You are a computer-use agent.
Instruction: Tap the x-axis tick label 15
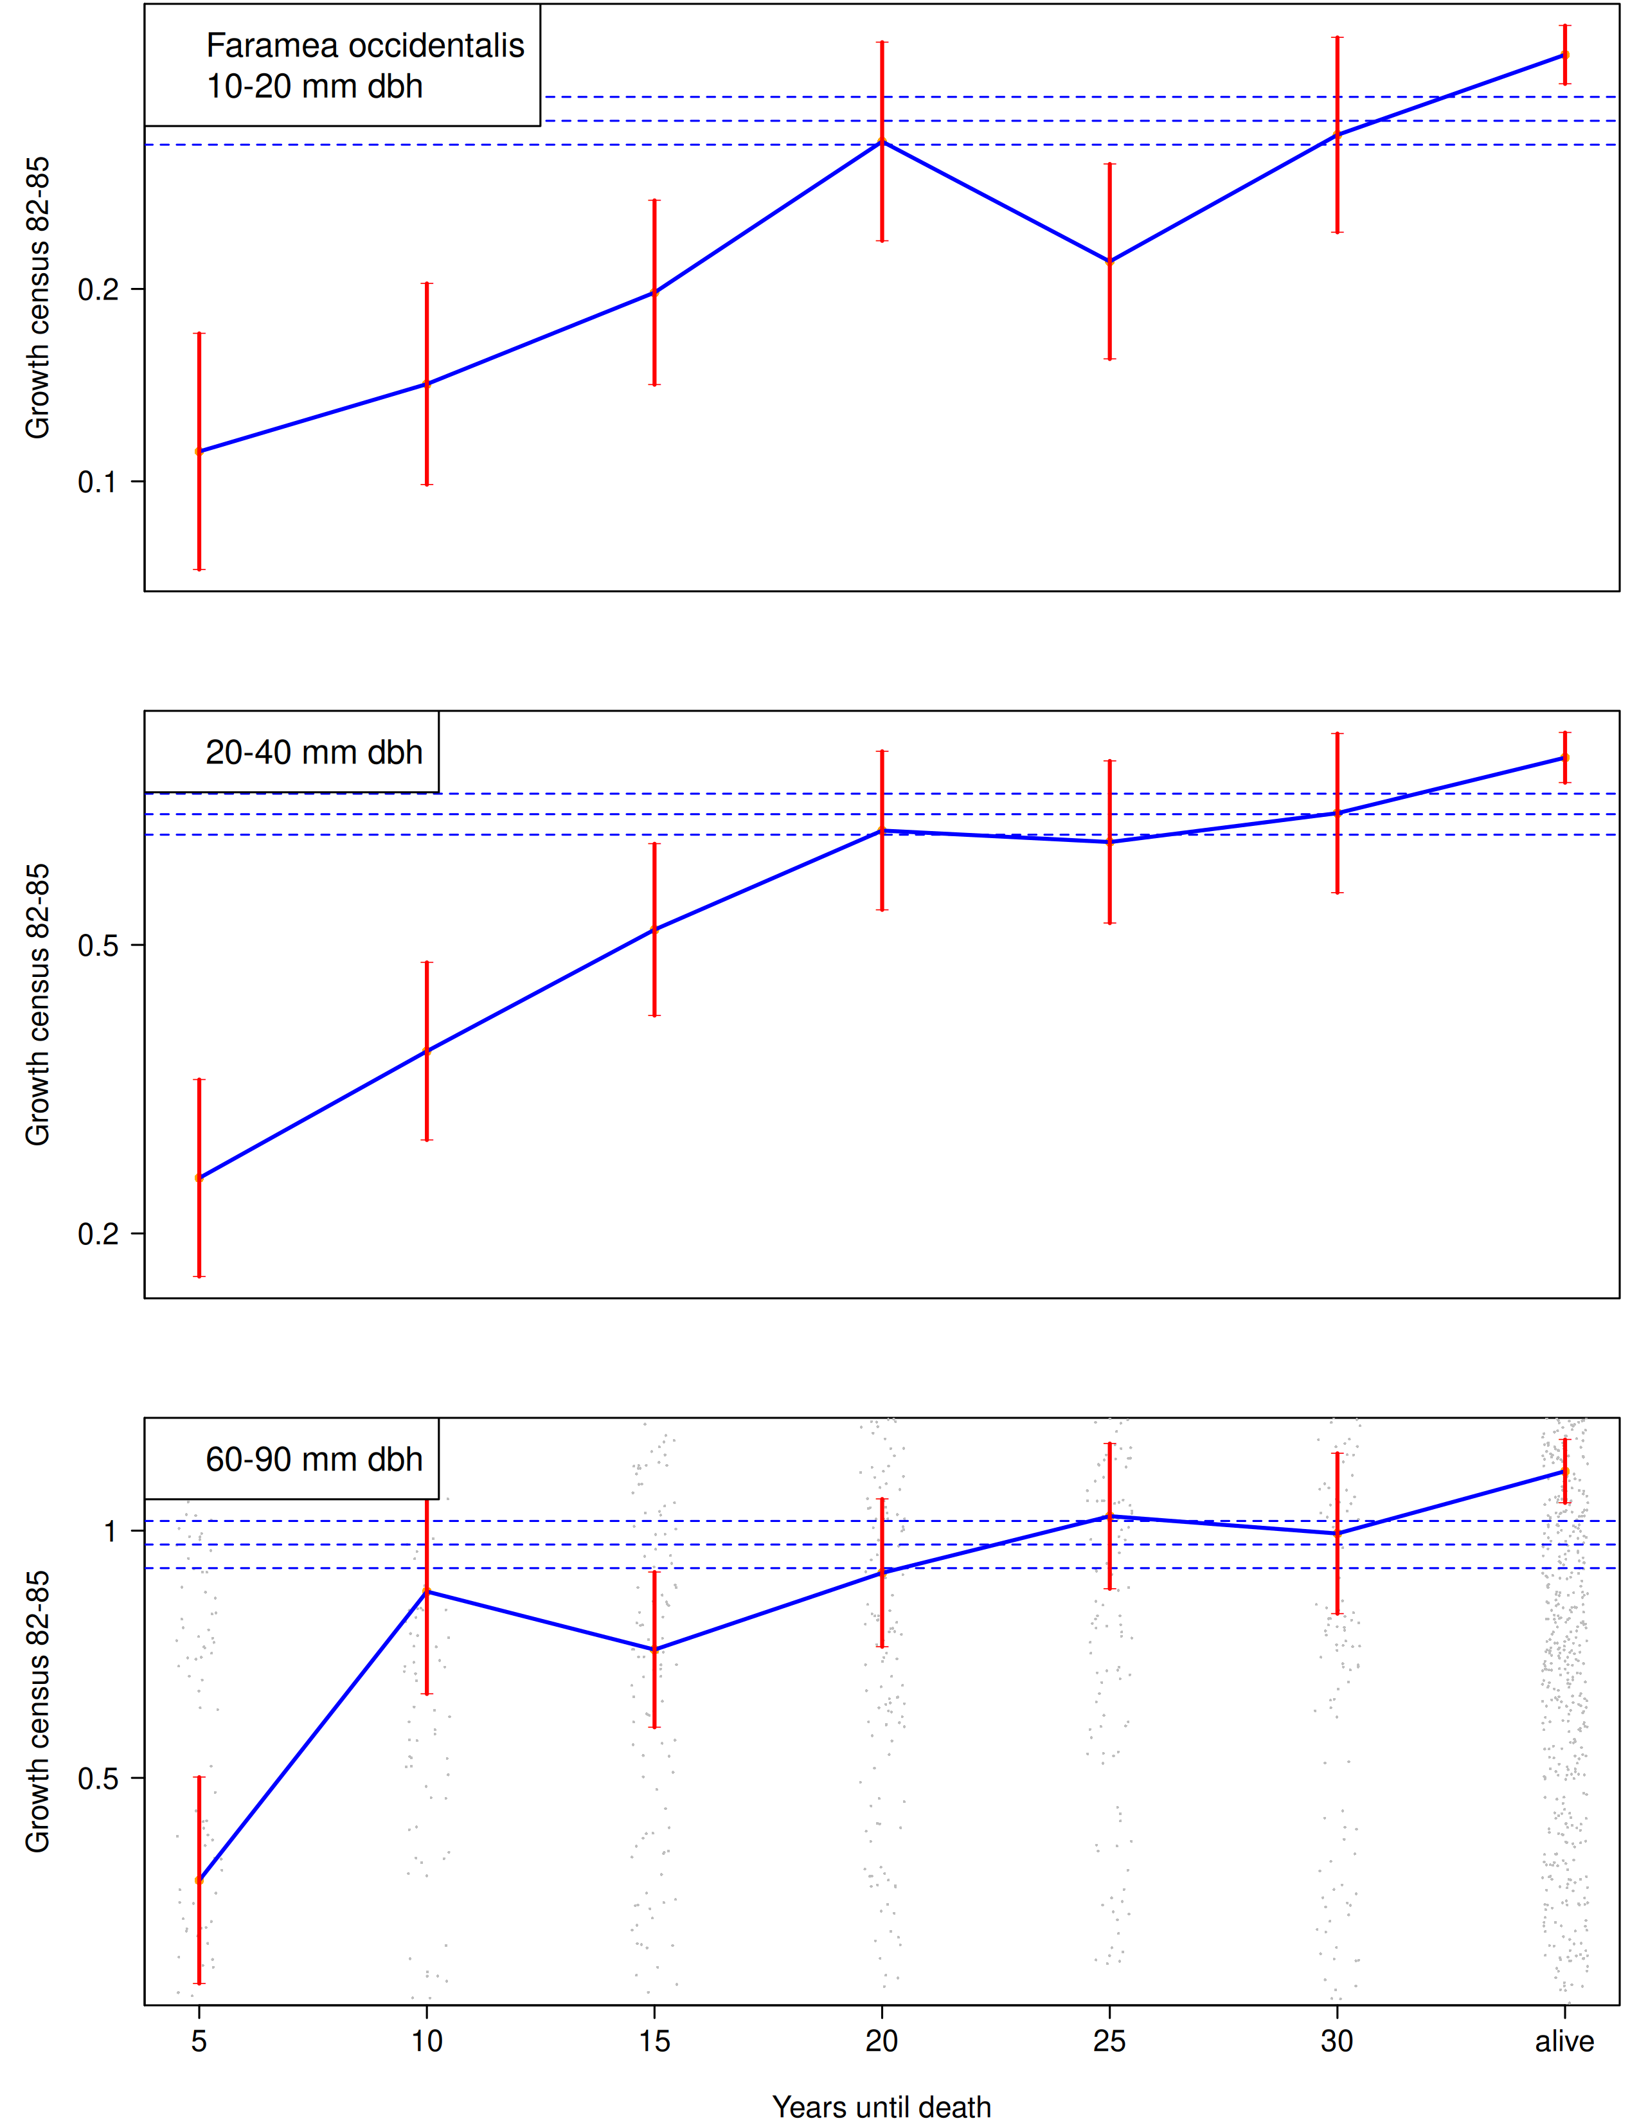(654, 2041)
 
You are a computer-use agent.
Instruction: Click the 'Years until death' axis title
(882, 2106)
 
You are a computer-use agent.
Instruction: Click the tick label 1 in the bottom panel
(110, 1532)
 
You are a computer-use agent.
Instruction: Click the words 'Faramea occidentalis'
(365, 46)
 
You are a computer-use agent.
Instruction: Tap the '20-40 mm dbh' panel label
(314, 753)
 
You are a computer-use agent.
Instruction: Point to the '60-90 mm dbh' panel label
(314, 1460)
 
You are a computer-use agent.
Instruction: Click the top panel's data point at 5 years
(199, 452)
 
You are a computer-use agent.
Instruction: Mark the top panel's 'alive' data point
(1564, 55)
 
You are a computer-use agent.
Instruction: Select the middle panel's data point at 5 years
(199, 1178)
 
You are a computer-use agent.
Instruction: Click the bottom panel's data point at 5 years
(199, 1880)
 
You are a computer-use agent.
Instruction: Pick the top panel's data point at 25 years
(1110, 261)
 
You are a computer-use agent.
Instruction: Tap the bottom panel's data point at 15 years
(654, 1650)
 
